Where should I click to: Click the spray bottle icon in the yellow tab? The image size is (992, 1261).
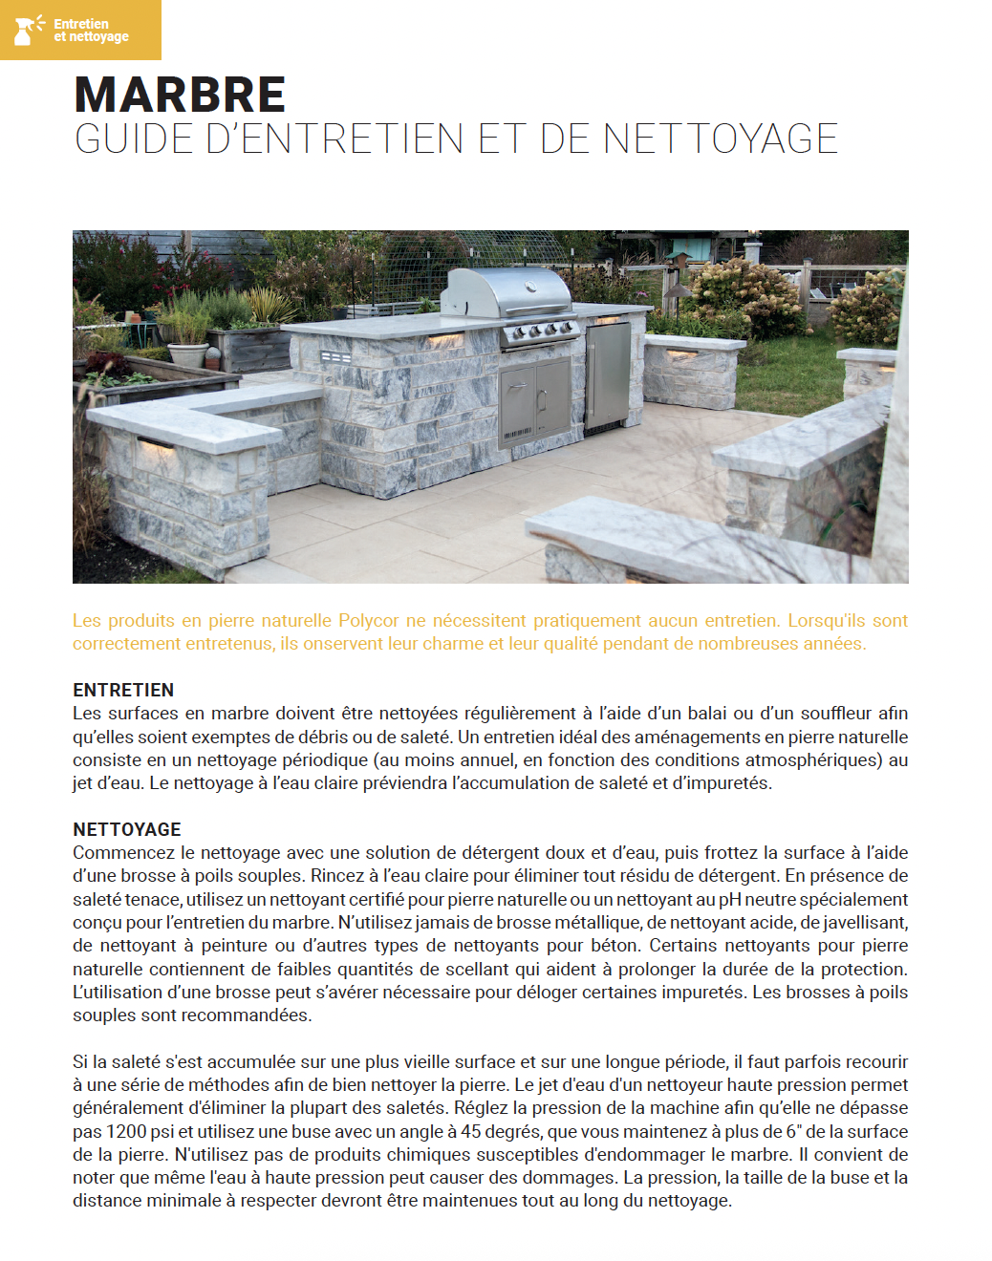[26, 30]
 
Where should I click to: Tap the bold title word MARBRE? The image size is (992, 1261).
[180, 95]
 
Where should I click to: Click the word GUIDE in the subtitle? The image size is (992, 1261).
[134, 139]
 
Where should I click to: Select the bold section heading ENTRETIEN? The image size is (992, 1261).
[123, 690]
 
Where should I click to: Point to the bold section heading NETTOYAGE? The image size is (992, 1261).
[127, 829]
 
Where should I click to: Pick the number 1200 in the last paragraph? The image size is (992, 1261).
[126, 1132]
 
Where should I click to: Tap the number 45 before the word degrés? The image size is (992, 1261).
[470, 1132]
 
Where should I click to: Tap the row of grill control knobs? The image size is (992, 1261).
[541, 332]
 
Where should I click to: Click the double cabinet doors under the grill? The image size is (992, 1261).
[534, 401]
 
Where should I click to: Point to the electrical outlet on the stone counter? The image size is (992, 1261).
[335, 357]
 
